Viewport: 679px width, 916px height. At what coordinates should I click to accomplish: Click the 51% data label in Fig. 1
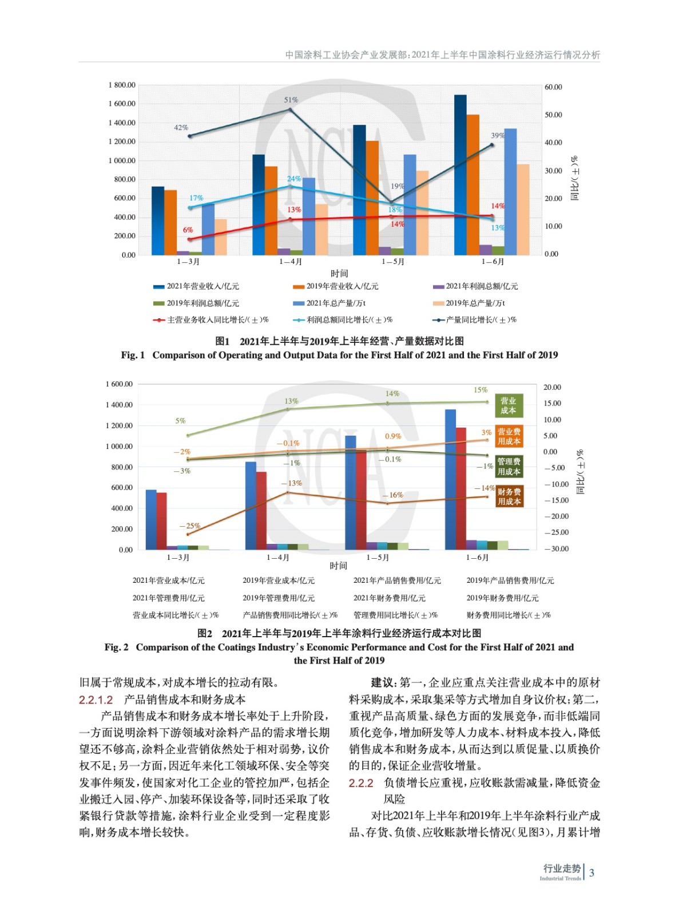(291, 100)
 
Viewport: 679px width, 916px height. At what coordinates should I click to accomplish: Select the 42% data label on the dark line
(181, 128)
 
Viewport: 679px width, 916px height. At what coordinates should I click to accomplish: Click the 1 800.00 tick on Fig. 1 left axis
(121, 85)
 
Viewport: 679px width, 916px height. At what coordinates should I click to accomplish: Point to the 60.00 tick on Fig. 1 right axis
(553, 87)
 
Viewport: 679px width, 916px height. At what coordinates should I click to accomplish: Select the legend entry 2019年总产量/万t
(474, 303)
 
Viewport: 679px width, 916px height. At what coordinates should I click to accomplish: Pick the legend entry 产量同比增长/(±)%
(481, 319)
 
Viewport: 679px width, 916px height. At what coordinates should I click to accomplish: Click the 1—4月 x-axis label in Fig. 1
(290, 262)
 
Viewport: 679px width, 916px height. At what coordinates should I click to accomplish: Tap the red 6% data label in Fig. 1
(188, 230)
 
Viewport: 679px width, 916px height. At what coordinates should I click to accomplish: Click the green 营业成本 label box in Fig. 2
(508, 405)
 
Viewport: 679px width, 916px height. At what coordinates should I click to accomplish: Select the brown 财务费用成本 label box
(509, 496)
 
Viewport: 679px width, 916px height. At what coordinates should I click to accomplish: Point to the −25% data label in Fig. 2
(189, 526)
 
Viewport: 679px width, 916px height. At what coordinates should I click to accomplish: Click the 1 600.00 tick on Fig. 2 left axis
(119, 384)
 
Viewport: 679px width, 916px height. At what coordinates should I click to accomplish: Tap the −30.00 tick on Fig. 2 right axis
(556, 548)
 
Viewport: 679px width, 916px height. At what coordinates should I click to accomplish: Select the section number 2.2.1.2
(96, 700)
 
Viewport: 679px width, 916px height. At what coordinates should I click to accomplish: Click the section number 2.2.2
(361, 783)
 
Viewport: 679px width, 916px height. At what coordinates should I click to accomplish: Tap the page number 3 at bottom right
(591, 872)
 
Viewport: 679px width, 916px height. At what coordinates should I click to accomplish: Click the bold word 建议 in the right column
(383, 682)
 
